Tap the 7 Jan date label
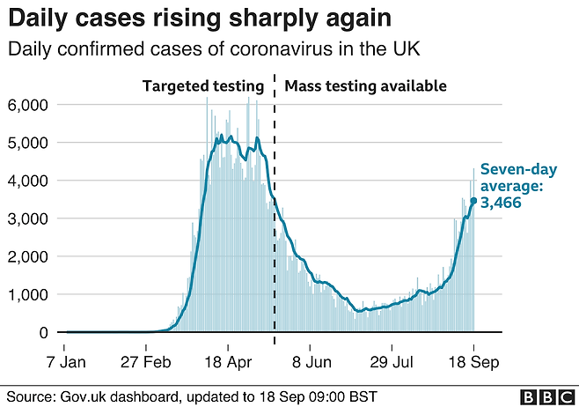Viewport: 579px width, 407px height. pos(67,360)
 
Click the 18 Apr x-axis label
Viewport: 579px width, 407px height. pos(227,360)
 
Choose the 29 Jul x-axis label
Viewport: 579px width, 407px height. pos(391,360)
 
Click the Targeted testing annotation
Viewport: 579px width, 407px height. pos(203,86)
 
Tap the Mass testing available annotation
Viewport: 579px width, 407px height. pos(365,86)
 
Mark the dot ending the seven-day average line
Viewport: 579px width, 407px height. pos(473,201)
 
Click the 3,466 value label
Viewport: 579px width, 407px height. pos(504,203)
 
